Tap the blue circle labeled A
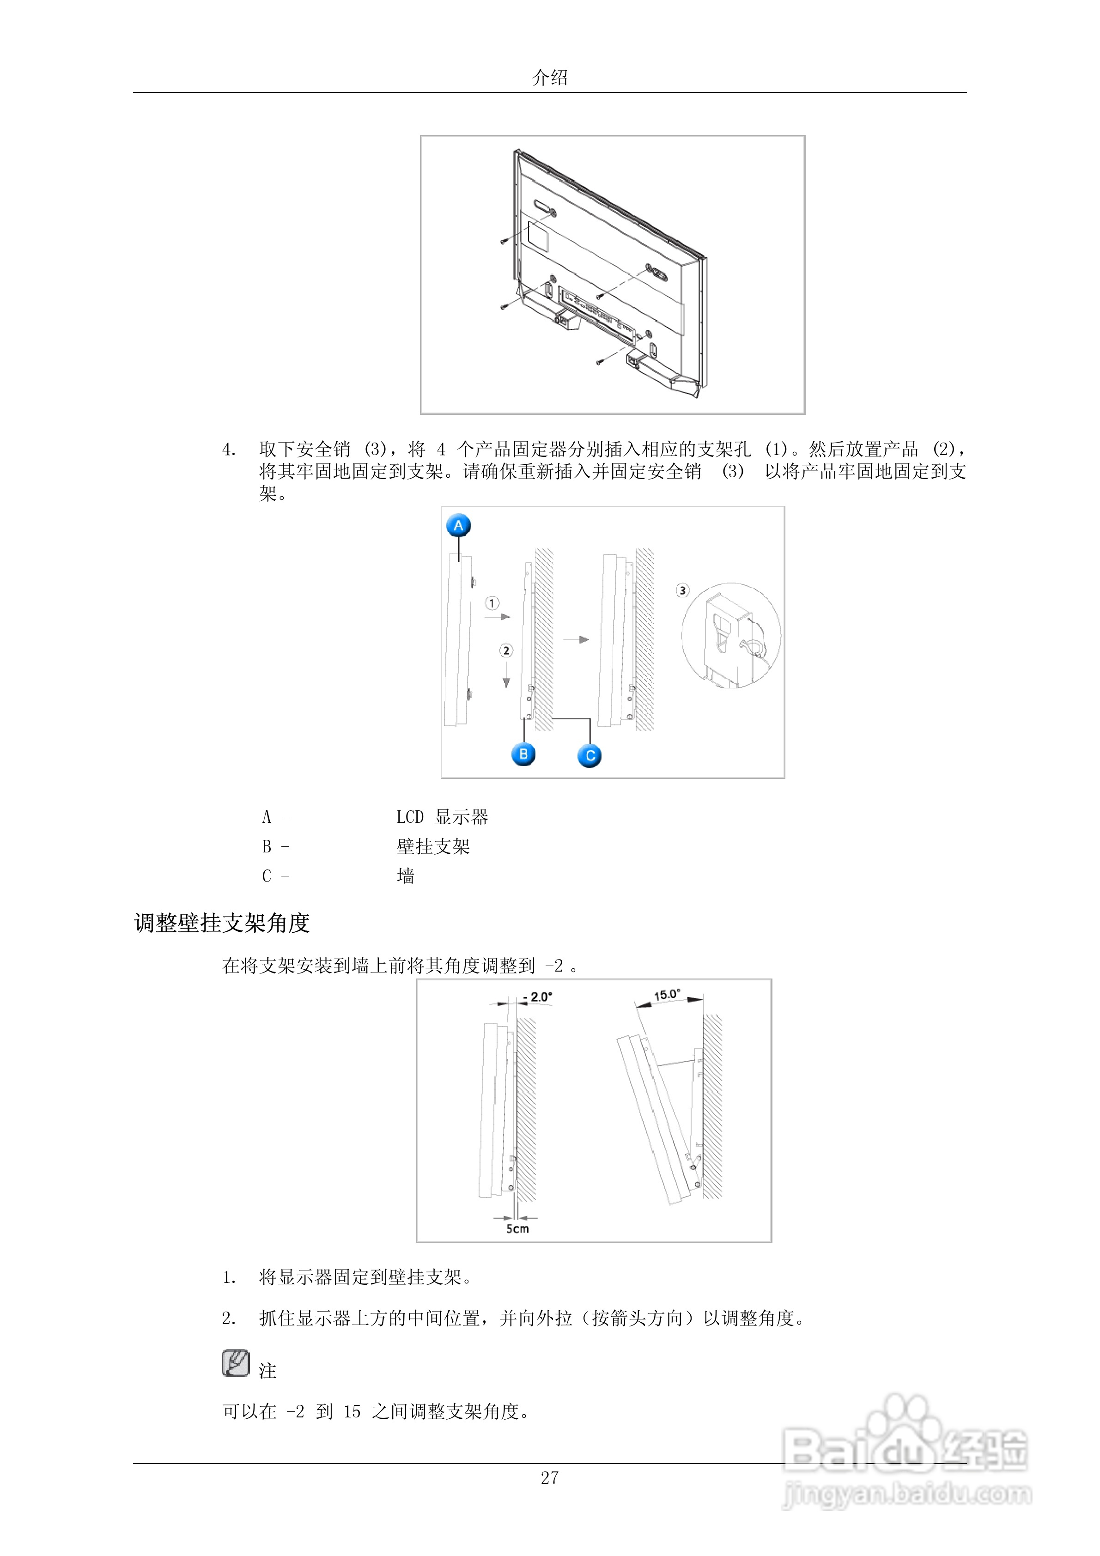[x=459, y=525]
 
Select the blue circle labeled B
[x=523, y=754]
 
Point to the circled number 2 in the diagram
[x=506, y=650]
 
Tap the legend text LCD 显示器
[x=442, y=817]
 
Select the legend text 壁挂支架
[x=433, y=846]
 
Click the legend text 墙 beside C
[x=405, y=876]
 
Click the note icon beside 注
[x=235, y=1363]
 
